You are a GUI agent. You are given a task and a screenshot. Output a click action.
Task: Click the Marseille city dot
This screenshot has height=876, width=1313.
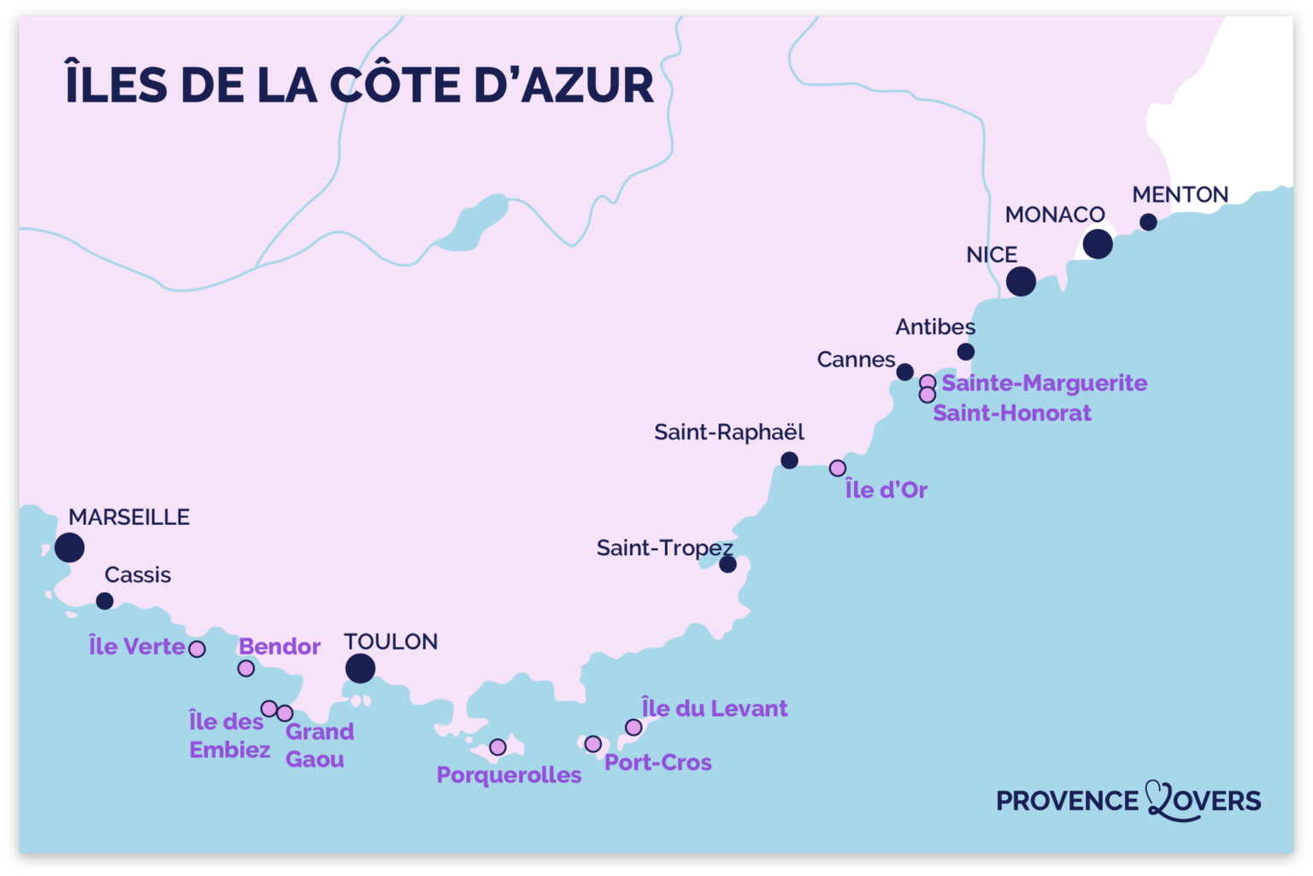pyautogui.click(x=69, y=547)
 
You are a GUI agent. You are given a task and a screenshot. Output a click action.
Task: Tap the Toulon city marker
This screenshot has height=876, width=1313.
pyautogui.click(x=360, y=668)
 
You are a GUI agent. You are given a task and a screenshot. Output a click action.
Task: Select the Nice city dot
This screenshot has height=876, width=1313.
pyautogui.click(x=1021, y=281)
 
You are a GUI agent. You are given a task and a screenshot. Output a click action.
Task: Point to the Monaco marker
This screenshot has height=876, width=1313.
pyautogui.click(x=1098, y=244)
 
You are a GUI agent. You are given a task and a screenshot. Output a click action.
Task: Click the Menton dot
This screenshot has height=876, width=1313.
pyautogui.click(x=1148, y=222)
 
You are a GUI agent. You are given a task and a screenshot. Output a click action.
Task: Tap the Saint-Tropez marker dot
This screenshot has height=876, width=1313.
pyautogui.click(x=727, y=564)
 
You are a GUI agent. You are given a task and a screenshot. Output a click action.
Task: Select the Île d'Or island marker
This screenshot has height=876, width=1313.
pyautogui.click(x=838, y=468)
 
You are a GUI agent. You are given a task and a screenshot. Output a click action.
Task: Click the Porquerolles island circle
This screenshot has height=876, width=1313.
pyautogui.click(x=498, y=748)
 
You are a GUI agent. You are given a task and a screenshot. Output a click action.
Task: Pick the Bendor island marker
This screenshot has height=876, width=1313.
pyautogui.click(x=246, y=668)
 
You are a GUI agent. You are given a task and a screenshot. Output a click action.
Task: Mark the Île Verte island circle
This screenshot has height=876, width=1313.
pyautogui.click(x=197, y=650)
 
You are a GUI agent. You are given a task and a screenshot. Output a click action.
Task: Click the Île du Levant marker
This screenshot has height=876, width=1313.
pyautogui.click(x=633, y=727)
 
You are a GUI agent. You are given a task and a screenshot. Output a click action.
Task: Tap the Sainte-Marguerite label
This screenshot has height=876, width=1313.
pyautogui.click(x=1044, y=383)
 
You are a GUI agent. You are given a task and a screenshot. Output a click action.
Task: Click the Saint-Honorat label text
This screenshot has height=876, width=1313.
pyautogui.click(x=1011, y=413)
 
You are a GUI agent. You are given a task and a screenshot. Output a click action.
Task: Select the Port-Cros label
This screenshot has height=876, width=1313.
pyautogui.click(x=657, y=762)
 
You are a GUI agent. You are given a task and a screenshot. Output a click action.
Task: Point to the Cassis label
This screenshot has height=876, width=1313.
pyautogui.click(x=138, y=575)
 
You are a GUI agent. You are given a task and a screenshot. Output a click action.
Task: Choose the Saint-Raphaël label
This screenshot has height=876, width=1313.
pyautogui.click(x=729, y=432)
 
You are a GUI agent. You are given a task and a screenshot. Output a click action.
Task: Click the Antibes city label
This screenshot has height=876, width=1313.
pyautogui.click(x=935, y=326)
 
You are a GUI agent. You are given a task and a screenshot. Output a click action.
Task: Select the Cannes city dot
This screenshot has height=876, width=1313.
pyautogui.click(x=904, y=372)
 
